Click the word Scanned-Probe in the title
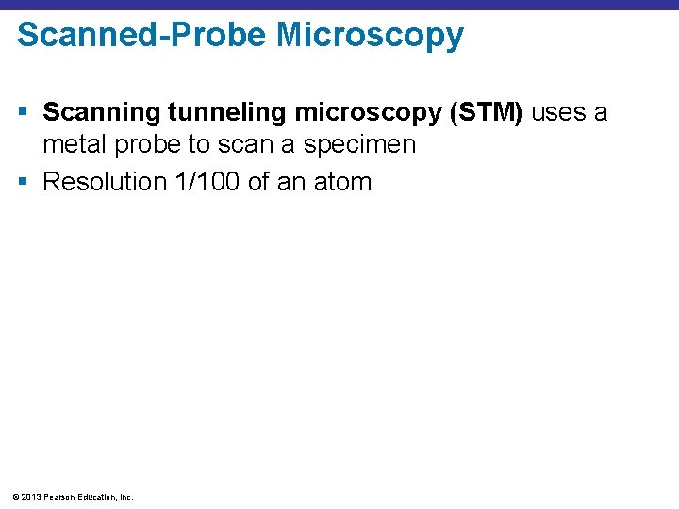coord(141,35)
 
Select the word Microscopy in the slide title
coord(371,35)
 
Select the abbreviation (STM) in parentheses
coord(488,113)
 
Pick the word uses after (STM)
coord(559,113)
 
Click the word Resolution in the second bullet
coord(106,181)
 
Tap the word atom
coord(341,181)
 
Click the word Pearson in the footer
coord(60,496)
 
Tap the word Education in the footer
coord(98,496)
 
